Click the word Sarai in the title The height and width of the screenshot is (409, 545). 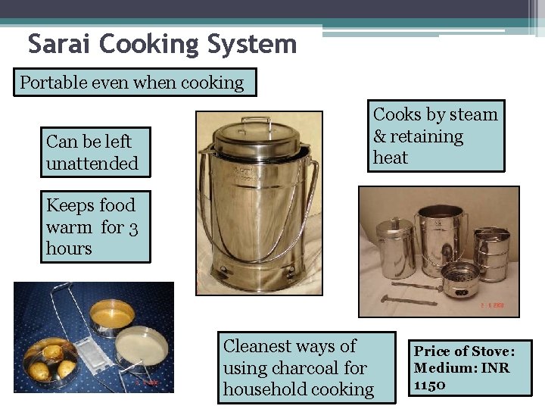[x=58, y=44]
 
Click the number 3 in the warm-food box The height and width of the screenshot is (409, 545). [x=132, y=226]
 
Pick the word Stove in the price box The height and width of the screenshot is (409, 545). [x=490, y=351]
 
